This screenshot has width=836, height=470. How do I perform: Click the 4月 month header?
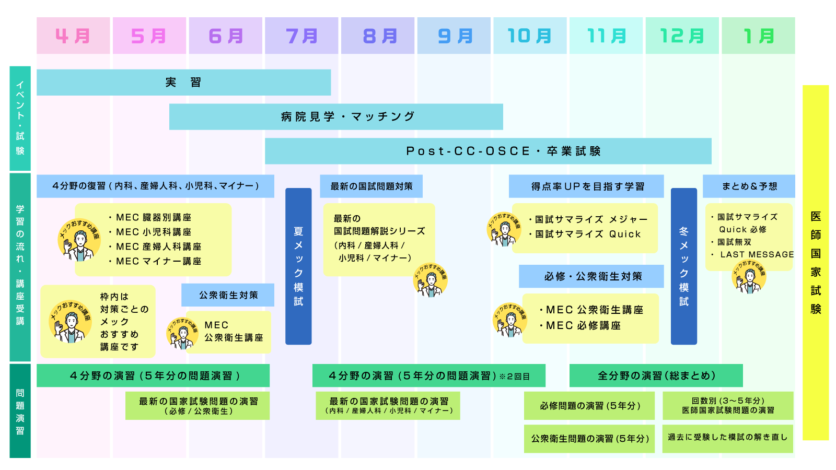73,36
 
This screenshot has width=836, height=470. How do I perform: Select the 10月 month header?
530,36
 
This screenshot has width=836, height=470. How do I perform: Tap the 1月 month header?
758,36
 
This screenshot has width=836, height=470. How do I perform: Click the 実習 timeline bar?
183,83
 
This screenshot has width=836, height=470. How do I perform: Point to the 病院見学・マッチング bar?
336,116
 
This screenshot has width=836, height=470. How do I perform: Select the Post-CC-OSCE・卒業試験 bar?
488,151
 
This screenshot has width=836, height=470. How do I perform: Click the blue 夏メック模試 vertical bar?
298,266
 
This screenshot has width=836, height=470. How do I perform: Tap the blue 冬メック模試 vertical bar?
683,266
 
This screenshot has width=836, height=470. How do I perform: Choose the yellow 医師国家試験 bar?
816,263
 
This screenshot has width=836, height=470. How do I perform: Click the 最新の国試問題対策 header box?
371,186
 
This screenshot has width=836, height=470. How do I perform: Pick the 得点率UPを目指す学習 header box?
586,186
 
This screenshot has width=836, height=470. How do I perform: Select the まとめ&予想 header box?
749,186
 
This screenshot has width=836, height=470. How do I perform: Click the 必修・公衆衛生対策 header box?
591,276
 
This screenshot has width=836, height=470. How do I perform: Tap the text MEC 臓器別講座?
153,217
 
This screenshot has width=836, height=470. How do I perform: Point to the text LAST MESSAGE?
757,254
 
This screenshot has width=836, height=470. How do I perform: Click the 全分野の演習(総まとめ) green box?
656,375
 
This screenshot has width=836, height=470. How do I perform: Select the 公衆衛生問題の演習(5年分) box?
589,439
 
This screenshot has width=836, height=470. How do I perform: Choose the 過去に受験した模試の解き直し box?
727,437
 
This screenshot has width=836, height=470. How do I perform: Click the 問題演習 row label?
20,411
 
